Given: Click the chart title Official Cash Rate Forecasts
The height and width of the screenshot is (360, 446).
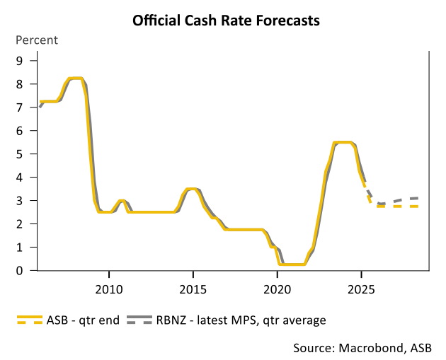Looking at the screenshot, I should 226,21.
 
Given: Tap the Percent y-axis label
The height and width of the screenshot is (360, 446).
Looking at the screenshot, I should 37,40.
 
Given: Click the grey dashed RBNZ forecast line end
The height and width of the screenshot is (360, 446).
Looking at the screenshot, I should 416,199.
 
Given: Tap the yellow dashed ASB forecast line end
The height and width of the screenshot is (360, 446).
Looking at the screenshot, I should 416,207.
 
